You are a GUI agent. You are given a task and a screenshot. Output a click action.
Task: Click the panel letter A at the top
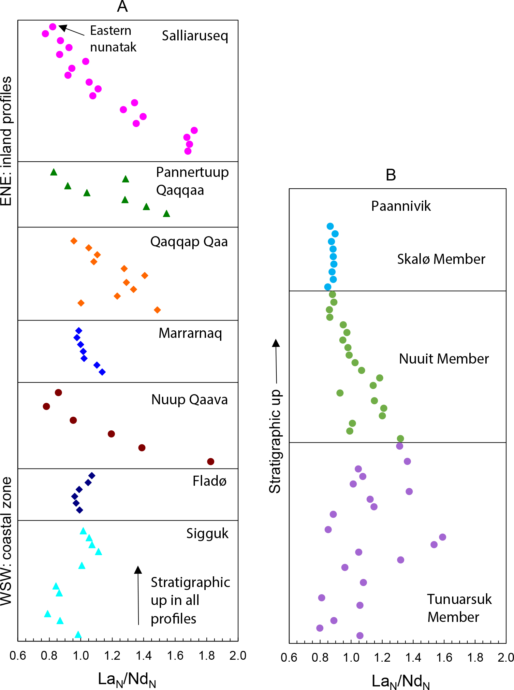pos(122,7)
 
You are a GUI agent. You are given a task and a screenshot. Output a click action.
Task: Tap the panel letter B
pos(390,175)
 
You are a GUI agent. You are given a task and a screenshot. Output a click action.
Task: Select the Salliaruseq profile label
pos(195,36)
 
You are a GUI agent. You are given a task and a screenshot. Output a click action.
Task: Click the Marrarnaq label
pos(190,333)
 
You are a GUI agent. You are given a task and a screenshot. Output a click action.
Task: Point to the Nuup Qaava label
pos(189,400)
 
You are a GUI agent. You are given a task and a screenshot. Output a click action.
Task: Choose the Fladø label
pos(209,481)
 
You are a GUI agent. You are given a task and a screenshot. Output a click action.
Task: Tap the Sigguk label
pos(207,534)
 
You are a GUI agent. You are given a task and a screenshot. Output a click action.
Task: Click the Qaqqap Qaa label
pos(189,242)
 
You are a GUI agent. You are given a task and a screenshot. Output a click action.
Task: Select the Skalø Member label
pos(441,259)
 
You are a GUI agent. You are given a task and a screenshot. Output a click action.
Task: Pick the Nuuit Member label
pos(444,359)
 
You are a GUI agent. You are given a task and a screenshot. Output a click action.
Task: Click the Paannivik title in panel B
pos(401,206)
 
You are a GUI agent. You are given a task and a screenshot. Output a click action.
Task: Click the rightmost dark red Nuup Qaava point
pos(211,461)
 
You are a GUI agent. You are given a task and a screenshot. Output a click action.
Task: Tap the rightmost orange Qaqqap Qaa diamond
pos(157,310)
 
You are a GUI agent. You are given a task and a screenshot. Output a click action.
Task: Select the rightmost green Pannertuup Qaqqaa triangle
pos(167,214)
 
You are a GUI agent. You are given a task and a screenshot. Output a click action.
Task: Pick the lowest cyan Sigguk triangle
pos(78,634)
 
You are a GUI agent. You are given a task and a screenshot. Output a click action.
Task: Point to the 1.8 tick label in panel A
pos(207,655)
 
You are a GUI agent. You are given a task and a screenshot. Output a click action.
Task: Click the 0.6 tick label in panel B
pos(289,657)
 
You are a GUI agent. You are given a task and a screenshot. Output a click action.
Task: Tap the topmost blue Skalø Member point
pos(330,226)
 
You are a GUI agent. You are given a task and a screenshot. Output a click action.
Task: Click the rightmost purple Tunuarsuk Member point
pos(442,537)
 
